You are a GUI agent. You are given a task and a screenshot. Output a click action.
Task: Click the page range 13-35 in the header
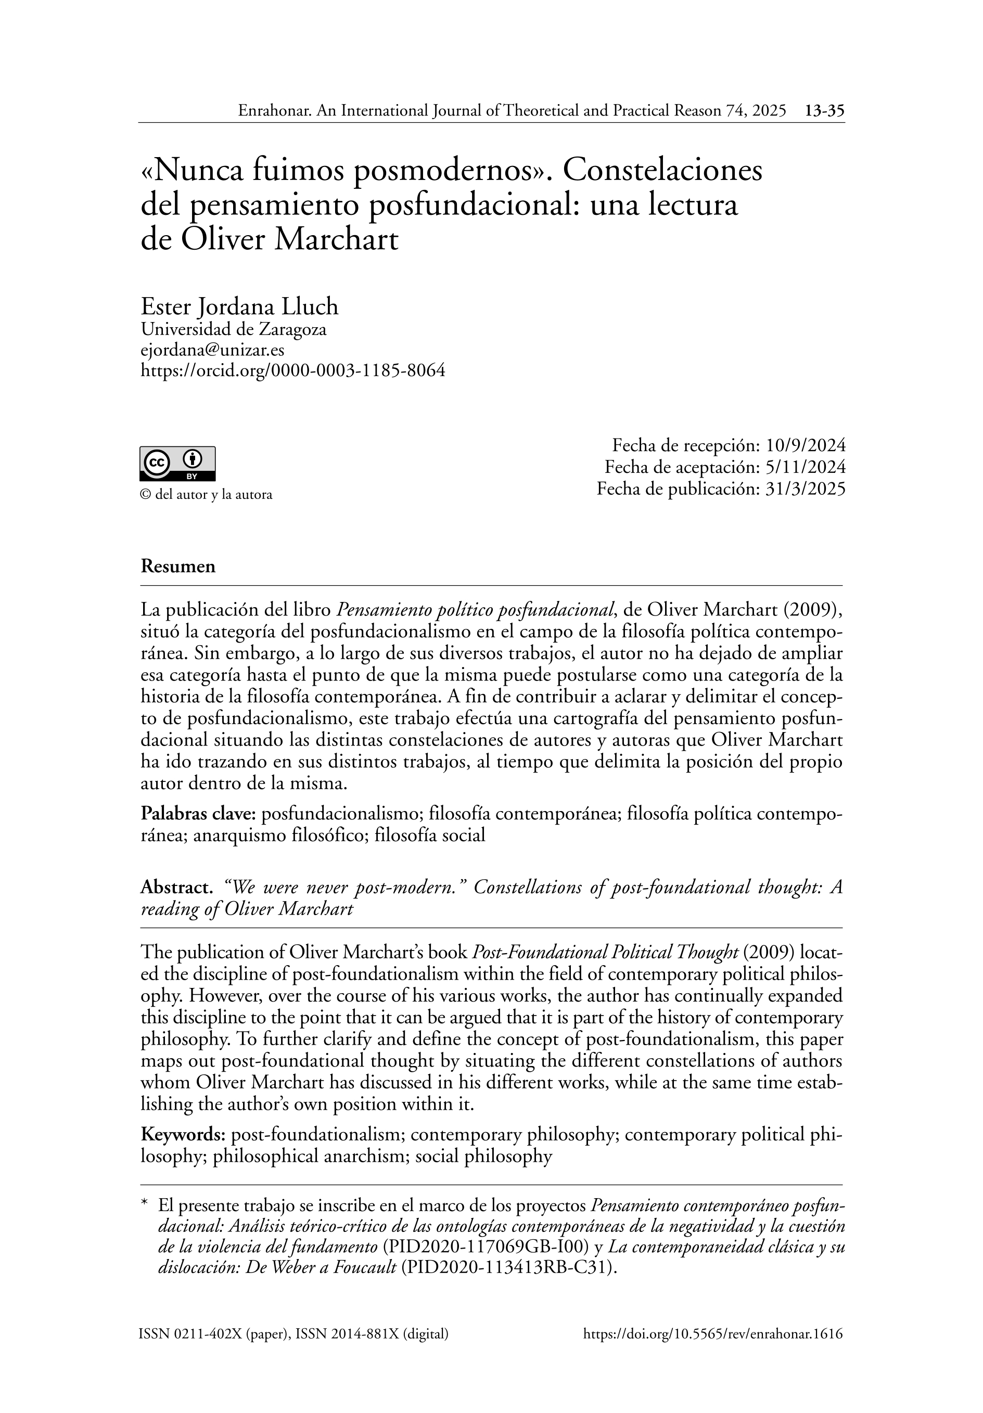[x=824, y=111]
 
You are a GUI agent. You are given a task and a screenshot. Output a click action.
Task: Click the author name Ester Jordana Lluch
[x=239, y=306]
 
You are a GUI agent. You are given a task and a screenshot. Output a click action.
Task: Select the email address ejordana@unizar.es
[x=212, y=350]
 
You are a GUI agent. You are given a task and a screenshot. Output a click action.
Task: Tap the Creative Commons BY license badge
[x=177, y=463]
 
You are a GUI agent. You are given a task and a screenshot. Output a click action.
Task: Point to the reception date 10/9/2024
[x=804, y=445]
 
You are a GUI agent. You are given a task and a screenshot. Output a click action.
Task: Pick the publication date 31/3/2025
[x=804, y=489]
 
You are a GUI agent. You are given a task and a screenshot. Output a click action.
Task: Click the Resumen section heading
[x=178, y=566]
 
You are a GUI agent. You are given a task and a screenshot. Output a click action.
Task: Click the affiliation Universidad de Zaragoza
[x=233, y=329]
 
